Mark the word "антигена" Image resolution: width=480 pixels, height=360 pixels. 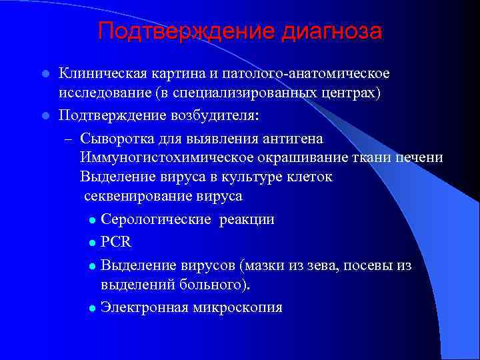(293, 138)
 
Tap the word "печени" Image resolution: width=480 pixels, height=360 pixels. (419, 157)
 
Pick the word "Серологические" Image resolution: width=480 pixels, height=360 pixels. (150, 219)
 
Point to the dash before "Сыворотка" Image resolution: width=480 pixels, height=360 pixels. (68, 138)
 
